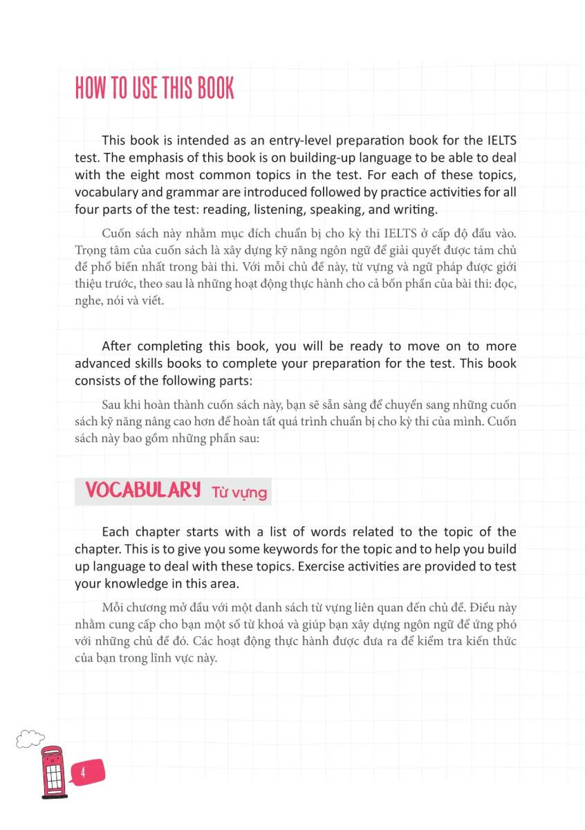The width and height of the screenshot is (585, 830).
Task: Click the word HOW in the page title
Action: click(x=91, y=89)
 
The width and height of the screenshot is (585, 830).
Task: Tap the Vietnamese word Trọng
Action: click(x=90, y=250)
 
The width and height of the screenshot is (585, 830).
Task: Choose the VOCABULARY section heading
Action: click(x=143, y=490)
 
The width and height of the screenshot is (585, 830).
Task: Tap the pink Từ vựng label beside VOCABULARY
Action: click(x=239, y=492)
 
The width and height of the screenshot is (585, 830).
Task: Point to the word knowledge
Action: click(x=136, y=583)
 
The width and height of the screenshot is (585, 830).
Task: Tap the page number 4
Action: click(x=82, y=773)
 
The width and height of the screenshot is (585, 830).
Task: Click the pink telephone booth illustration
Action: click(x=53, y=773)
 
